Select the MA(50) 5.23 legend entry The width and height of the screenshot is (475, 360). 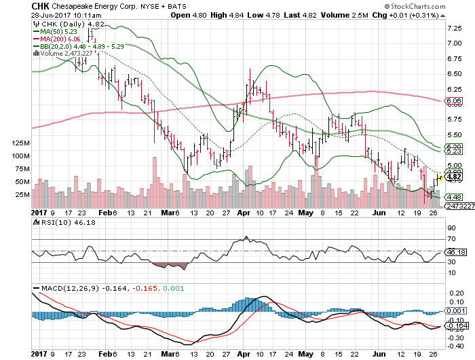58,31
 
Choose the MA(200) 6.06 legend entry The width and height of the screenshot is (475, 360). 59,39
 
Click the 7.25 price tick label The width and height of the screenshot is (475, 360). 453,28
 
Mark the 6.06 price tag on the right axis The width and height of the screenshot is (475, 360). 453,101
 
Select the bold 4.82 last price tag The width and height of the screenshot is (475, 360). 453,176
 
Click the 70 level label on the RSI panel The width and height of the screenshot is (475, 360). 449,240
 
